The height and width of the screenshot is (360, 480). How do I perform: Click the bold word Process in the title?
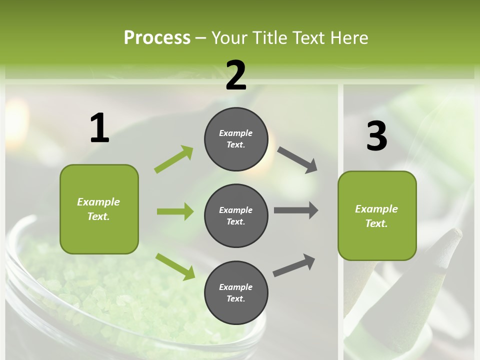point(157,37)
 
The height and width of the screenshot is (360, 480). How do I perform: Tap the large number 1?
point(99,128)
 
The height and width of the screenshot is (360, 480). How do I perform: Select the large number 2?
point(236,75)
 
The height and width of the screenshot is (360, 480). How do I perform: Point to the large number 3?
point(376,136)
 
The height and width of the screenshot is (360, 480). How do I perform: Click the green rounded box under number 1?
point(99,209)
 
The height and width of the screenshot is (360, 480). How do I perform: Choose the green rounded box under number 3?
point(377,215)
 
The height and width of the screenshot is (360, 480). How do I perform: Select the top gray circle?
point(236,139)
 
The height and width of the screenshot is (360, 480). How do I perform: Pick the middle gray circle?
point(236,215)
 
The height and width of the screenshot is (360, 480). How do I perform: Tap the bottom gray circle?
point(236,292)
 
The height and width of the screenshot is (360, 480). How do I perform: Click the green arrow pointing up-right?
point(174,159)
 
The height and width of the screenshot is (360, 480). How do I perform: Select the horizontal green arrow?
point(175,211)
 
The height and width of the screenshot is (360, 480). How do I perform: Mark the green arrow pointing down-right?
point(175,266)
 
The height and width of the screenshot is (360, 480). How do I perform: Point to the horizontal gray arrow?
point(295,210)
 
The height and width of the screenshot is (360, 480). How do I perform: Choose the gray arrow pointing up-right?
point(294,265)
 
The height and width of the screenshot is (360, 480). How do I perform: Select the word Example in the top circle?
point(236,133)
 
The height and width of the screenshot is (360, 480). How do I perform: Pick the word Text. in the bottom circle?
point(236,298)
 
